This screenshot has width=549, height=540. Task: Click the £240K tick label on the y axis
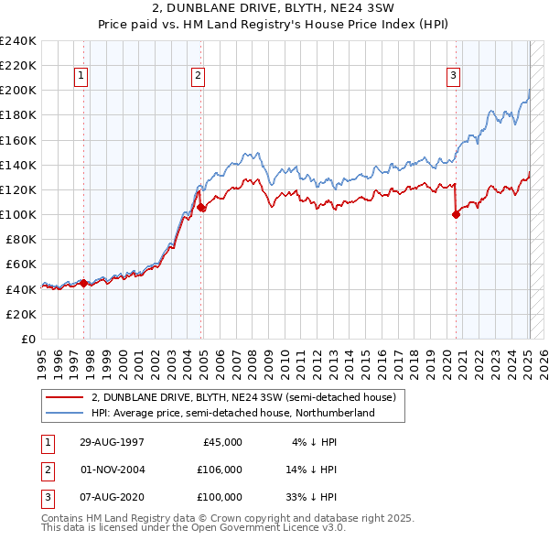tap(17, 41)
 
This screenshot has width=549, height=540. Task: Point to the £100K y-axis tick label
tap(17, 214)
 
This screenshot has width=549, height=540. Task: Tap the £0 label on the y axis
tap(27, 339)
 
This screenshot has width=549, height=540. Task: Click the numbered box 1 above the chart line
tap(81, 77)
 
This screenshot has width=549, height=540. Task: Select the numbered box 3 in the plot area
tap(454, 77)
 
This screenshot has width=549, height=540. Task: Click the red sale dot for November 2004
tap(201, 208)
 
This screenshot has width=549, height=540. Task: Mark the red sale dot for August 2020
tap(456, 215)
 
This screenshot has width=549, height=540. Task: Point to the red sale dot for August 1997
tap(84, 283)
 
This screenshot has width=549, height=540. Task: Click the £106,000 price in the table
tap(219, 470)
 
